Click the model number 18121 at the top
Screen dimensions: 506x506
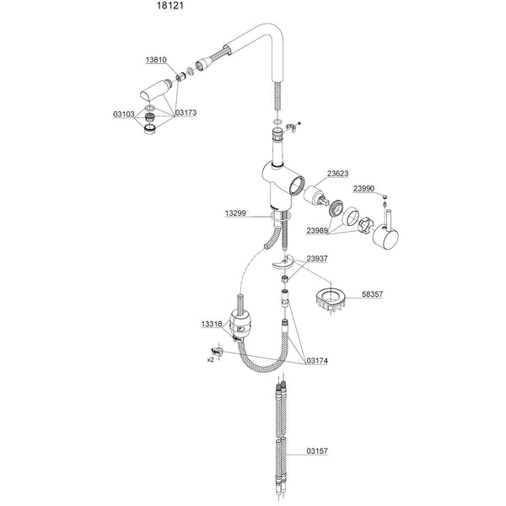click(170, 6)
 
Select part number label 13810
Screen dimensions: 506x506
click(156, 60)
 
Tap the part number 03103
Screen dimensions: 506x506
click(124, 114)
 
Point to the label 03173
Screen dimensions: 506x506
click(186, 113)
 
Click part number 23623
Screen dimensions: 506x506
click(338, 174)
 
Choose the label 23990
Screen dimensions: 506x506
click(363, 188)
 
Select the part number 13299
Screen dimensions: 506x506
click(235, 213)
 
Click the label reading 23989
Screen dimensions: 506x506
click(317, 231)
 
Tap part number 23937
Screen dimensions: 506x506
click(317, 259)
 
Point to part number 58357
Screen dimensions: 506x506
click(373, 294)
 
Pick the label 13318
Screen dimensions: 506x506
click(212, 324)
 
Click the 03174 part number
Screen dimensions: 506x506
click(317, 361)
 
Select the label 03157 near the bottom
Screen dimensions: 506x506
click(317, 451)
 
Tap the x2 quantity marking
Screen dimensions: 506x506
click(210, 359)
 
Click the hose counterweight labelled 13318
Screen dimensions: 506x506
click(240, 325)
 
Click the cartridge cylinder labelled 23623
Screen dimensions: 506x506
click(316, 196)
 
